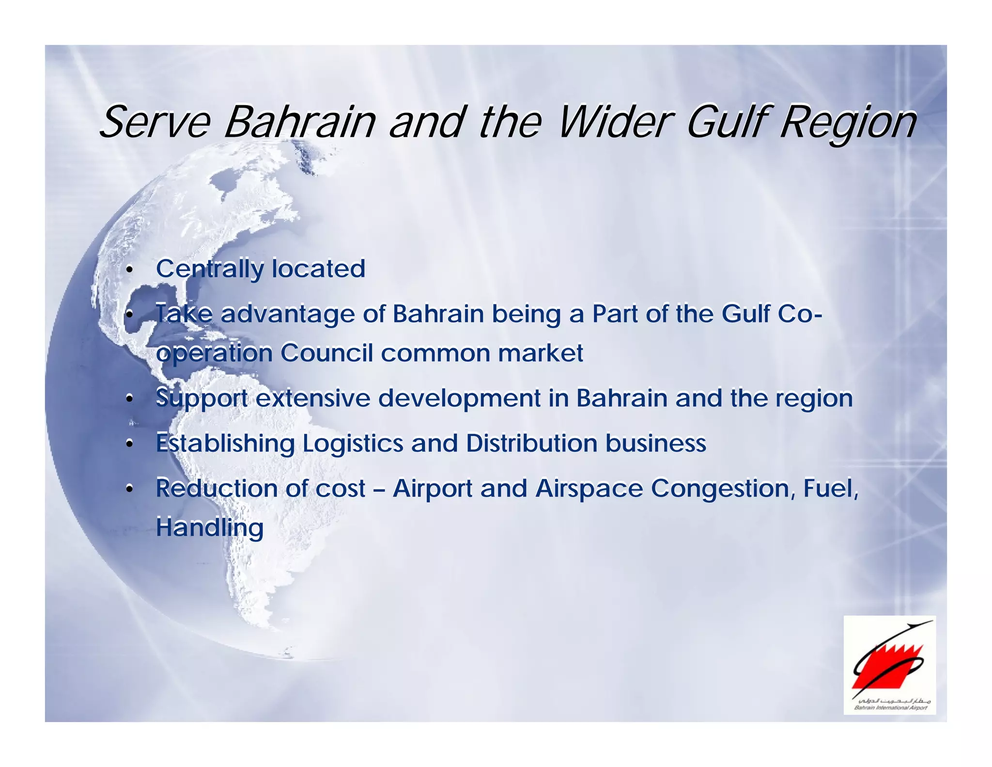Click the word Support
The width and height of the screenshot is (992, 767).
(x=201, y=399)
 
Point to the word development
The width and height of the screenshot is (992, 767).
(x=459, y=399)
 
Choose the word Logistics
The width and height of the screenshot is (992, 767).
(x=353, y=444)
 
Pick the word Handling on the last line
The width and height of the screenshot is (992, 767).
(x=209, y=527)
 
